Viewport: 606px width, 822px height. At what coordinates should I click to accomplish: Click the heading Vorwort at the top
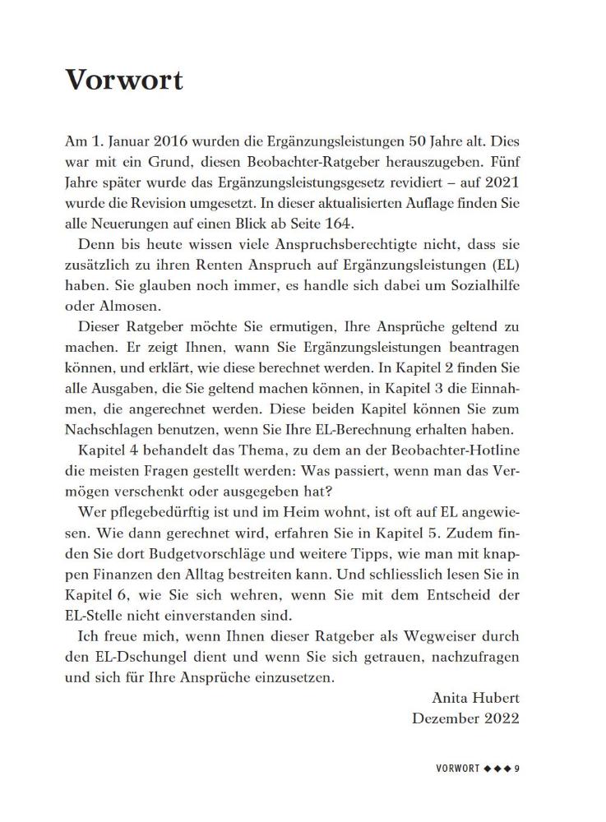click(x=123, y=81)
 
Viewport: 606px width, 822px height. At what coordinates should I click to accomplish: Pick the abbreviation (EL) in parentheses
click(x=503, y=265)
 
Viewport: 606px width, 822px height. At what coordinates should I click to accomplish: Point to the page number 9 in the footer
click(x=518, y=769)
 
